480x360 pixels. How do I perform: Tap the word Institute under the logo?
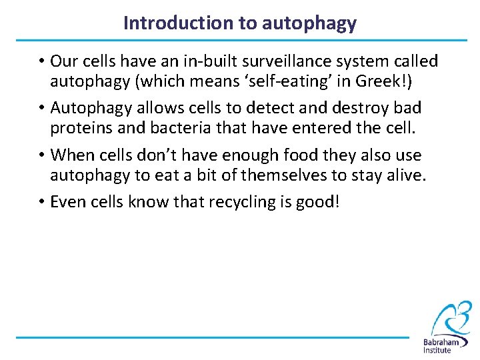(x=441, y=349)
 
